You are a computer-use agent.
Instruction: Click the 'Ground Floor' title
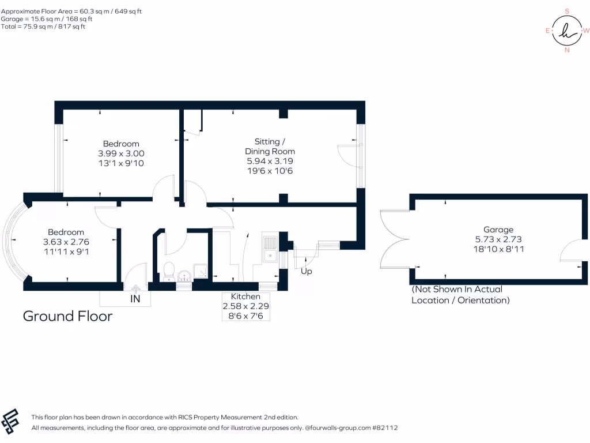67,316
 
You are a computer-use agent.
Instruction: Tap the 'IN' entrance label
135,299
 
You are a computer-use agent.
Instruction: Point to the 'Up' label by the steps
307,271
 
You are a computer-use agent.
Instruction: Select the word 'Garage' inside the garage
498,230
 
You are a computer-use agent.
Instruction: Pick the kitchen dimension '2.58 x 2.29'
246,306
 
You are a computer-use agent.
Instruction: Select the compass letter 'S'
567,11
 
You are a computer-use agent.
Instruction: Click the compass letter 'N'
567,50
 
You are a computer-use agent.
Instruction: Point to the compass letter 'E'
547,31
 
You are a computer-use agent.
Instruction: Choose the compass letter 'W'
586,31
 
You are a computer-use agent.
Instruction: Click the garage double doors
395,239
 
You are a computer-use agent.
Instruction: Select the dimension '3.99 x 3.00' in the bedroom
121,153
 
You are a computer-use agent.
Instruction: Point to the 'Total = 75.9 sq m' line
43,26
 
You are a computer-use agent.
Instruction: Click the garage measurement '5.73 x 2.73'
498,239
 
